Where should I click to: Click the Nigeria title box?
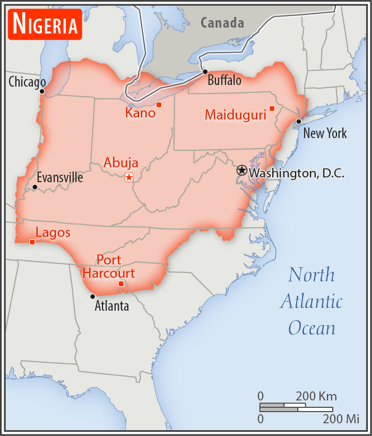pos(45,24)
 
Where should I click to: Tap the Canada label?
pos(222,23)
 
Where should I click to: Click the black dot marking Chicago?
pos(42,91)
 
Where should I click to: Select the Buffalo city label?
pos(224,81)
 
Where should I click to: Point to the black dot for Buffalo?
pos(205,71)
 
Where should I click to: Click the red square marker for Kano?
pos(159,105)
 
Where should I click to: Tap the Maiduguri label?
pos(235,114)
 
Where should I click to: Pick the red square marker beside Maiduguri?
pos(272,108)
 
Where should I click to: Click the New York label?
pos(325,133)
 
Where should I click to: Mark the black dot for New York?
pos(299,122)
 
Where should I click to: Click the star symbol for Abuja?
pos(128,177)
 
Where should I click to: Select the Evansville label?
pos(60,177)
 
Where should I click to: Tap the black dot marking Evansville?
pos(35,187)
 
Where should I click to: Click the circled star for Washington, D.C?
pos(242,170)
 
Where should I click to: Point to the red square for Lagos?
pos(32,242)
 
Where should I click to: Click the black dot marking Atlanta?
pos(93,296)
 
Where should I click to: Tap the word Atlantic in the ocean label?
pos(312,301)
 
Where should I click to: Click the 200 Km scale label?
pos(316,396)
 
